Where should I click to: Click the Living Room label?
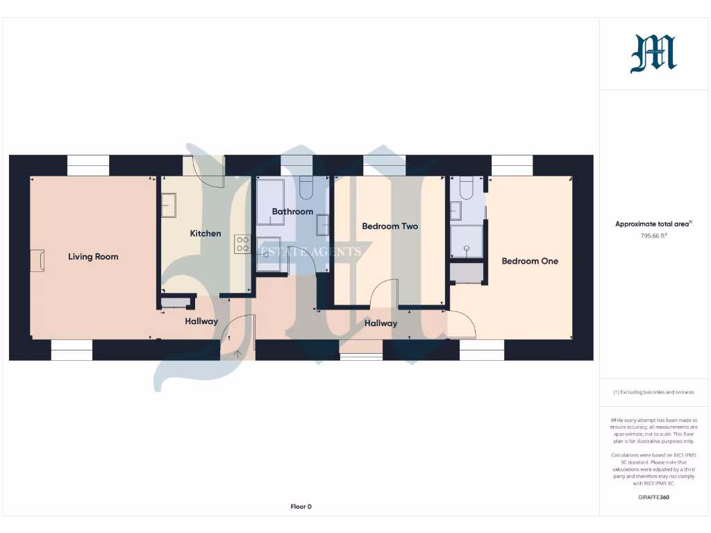[x=93, y=257]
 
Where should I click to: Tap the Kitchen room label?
[x=206, y=233]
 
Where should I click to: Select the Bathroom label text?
[x=292, y=211]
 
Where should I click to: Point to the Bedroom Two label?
[x=390, y=226]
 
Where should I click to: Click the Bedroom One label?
[x=530, y=261]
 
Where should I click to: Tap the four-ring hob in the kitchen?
[x=242, y=244]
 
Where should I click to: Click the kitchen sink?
[x=169, y=205]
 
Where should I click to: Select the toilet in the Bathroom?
[x=306, y=187]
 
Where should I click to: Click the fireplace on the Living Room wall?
[x=37, y=261]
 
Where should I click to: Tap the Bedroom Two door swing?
[x=385, y=291]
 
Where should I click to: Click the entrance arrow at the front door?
[x=238, y=354]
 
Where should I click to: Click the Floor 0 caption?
[x=301, y=507]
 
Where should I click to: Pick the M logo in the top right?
[x=653, y=54]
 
